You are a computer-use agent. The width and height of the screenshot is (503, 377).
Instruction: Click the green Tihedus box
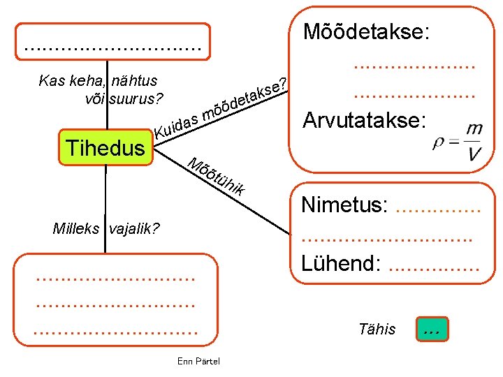tap(105, 147)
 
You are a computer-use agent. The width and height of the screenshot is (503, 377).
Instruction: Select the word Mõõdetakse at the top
tap(365, 33)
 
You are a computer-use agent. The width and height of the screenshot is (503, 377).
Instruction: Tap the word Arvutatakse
tap(363, 120)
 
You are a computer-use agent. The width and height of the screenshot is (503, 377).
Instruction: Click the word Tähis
tap(377, 329)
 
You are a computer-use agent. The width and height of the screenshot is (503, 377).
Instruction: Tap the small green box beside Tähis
tap(431, 330)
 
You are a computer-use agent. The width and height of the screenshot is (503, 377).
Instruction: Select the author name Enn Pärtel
tap(198, 361)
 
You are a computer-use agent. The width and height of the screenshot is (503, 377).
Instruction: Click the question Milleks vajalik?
tap(106, 228)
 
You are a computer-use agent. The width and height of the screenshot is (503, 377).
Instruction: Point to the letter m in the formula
tap(475, 129)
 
